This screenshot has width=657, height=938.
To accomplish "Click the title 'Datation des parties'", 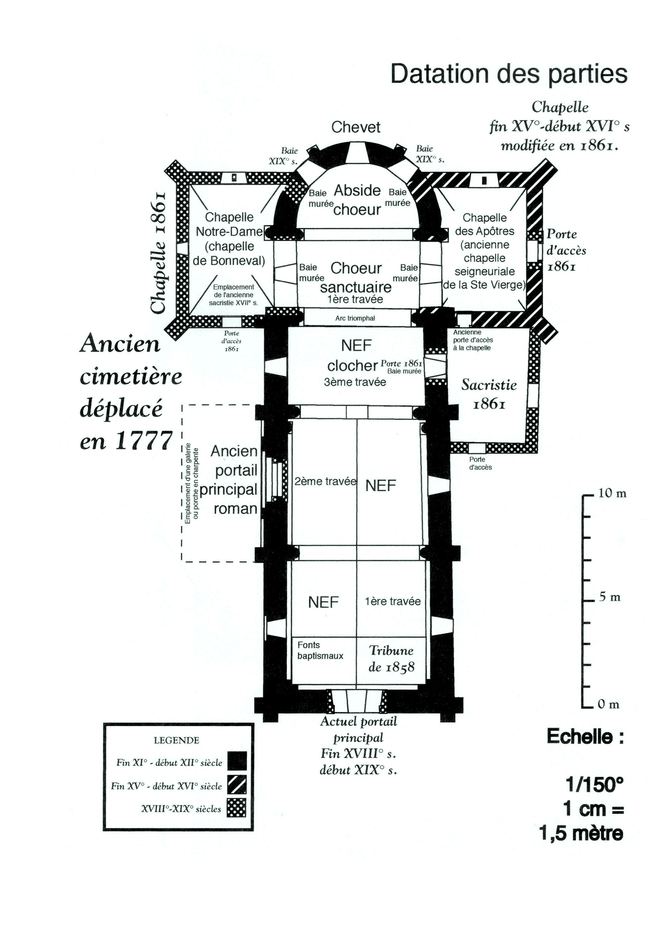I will tap(509, 73).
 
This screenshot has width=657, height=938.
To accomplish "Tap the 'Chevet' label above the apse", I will tap(356, 127).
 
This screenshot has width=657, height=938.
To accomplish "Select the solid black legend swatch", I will tap(237, 761).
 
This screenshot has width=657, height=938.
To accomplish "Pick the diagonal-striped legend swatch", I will tap(237, 785).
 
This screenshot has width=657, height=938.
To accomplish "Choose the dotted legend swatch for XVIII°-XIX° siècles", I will tap(237, 808).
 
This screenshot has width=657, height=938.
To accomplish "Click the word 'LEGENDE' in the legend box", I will tap(176, 740).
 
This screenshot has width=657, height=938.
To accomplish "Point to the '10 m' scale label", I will tap(611, 493).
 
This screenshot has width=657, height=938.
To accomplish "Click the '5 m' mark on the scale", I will tap(609, 597).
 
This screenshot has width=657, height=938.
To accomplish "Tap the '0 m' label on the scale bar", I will tap(608, 705).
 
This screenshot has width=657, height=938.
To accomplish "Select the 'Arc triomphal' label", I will tap(355, 318).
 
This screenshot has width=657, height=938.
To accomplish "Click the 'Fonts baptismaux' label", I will tap(320, 650).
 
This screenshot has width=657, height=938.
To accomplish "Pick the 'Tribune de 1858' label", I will tap(391, 659).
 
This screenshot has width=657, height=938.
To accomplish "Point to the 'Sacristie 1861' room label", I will tap(489, 394).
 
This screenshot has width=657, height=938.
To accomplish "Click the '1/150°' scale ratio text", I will tap(594, 785).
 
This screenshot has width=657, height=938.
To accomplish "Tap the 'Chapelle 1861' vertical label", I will tap(159, 252).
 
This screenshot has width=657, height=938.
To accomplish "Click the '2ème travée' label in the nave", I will tap(325, 481).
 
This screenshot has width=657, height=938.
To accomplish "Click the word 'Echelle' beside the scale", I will tap(585, 737).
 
